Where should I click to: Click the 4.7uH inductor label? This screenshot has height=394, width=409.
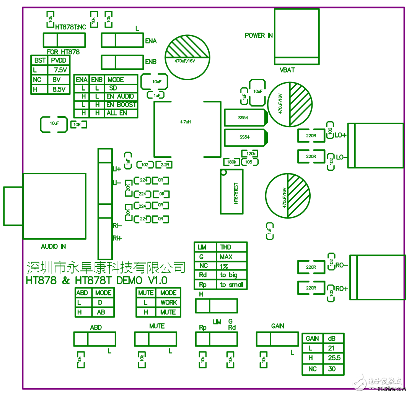(186, 122)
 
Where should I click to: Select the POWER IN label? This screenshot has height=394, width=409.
(259, 36)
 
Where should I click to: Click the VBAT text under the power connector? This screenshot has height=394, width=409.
(287, 70)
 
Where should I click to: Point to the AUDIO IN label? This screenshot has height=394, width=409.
(54, 246)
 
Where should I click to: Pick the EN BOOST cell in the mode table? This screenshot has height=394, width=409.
(121, 105)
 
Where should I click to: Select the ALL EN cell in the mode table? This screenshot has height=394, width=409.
(117, 113)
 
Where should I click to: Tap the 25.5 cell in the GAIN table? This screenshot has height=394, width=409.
(334, 358)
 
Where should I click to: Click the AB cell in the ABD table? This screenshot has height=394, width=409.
(101, 312)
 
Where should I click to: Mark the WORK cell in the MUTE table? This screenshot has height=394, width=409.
(169, 302)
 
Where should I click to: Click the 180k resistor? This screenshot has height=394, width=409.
(231, 162)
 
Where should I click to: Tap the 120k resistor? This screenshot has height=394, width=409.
(251, 154)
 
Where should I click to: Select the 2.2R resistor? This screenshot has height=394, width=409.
(165, 165)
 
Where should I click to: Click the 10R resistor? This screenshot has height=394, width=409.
(78, 125)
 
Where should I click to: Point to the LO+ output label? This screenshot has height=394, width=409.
(341, 135)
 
